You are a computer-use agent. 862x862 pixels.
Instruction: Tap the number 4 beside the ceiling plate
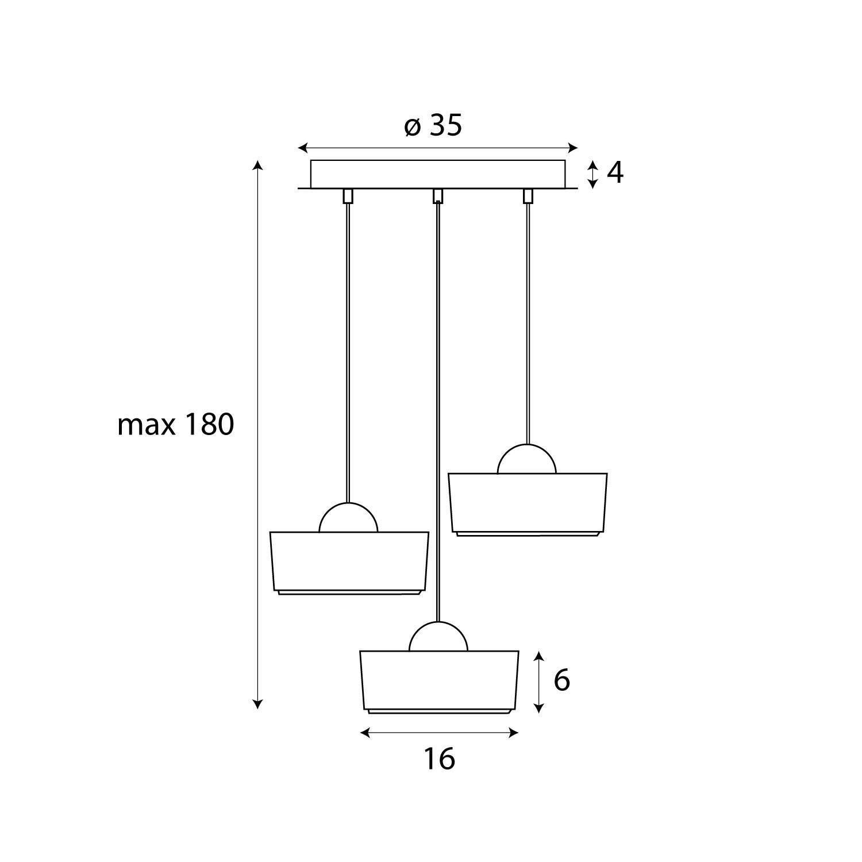click(615, 172)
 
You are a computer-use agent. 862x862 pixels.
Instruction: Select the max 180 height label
click(175, 425)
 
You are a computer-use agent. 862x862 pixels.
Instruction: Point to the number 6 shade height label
click(561, 680)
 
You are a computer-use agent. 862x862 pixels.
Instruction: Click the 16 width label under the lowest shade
click(440, 759)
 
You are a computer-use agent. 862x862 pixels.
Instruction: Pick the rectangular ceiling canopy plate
click(438, 174)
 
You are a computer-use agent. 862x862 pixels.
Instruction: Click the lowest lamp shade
click(440, 682)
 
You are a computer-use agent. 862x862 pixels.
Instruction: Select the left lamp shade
click(349, 563)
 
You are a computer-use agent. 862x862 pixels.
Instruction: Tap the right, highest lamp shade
click(528, 505)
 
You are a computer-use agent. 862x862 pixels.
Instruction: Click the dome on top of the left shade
click(348, 517)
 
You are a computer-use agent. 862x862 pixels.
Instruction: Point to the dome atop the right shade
click(527, 459)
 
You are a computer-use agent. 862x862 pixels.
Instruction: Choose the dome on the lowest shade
click(438, 636)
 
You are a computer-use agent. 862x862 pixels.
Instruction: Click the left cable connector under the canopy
click(348, 196)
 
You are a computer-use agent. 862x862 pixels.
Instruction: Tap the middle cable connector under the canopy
click(438, 196)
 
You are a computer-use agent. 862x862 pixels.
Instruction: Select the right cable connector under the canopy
click(528, 196)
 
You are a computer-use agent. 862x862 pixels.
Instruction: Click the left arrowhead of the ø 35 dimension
click(302, 148)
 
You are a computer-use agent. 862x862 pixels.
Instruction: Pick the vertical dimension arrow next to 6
click(538, 682)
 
